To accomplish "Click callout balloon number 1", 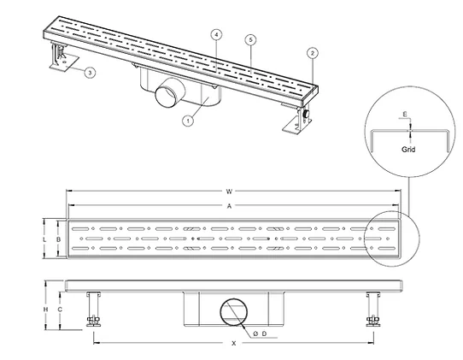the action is (x=188, y=121).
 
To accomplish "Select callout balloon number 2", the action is (x=313, y=53).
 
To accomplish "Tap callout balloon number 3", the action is (x=90, y=73).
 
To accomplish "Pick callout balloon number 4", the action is (x=216, y=35).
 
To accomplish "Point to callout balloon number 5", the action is (x=250, y=39).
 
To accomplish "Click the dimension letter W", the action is (x=229, y=192).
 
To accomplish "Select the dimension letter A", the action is (x=229, y=206).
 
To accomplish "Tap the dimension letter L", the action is (x=44, y=239).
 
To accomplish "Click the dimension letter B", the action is (x=58, y=239).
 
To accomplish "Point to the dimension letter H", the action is (x=45, y=310).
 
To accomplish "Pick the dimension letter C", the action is (x=60, y=310).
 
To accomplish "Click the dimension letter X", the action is (x=234, y=344).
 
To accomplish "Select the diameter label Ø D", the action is (x=260, y=333).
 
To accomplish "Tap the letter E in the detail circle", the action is (x=405, y=114).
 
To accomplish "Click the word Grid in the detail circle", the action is (x=408, y=150).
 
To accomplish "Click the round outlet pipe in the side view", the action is (x=234, y=312).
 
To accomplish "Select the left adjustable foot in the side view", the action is (x=93, y=310).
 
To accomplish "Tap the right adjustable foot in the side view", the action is (x=373, y=310).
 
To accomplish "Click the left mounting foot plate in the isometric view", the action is (x=64, y=62).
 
